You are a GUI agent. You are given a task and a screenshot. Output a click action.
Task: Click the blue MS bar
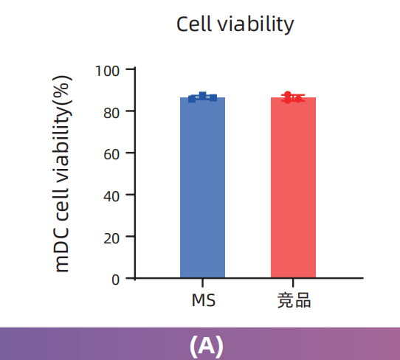tap(202, 188)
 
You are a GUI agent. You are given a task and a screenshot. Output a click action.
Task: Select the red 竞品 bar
tap(293, 188)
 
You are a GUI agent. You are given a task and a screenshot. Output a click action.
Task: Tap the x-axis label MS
tap(203, 301)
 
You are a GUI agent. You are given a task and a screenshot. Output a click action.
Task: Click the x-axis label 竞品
tap(294, 301)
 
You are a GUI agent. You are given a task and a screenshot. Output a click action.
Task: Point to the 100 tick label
tap(108, 70)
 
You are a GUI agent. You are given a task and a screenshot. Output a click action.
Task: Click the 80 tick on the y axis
tap(111, 111)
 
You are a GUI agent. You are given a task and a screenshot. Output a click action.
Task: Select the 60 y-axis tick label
tap(111, 153)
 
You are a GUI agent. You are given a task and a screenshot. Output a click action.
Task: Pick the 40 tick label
tap(111, 195)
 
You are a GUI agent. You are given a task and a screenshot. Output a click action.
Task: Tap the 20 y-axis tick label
tap(111, 238)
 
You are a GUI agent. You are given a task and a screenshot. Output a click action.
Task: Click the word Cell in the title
tap(193, 24)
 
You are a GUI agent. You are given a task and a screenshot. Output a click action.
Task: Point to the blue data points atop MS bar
tap(202, 97)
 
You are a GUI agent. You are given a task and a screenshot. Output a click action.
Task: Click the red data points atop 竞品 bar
tap(293, 97)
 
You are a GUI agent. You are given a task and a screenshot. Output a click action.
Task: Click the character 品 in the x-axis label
tap(303, 301)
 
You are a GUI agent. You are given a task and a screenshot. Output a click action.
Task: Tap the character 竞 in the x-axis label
tap(285, 301)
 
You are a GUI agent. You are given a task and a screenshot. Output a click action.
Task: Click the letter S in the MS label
tap(210, 301)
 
